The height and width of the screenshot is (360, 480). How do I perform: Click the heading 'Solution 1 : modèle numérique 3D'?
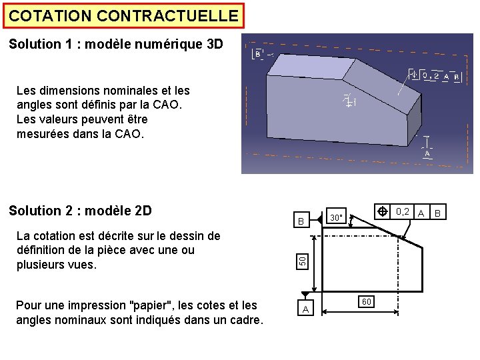pos(116,45)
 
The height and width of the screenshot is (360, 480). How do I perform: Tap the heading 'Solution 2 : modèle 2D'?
pos(80,211)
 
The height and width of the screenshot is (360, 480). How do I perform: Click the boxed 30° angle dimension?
pos(337,217)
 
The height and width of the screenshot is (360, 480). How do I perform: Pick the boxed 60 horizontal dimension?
pos(367,301)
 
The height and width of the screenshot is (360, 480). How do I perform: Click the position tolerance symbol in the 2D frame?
pos(383,211)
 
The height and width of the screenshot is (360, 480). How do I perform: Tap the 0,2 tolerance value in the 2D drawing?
pos(403,211)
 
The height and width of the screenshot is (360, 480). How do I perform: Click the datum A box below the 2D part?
pos(305,309)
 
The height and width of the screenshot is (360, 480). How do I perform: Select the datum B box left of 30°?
pos(301,221)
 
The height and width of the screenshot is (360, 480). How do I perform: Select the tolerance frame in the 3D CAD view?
pos(433,76)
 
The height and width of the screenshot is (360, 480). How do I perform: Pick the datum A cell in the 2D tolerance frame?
pos(421,212)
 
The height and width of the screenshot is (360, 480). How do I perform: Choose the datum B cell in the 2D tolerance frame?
pos(438,213)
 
